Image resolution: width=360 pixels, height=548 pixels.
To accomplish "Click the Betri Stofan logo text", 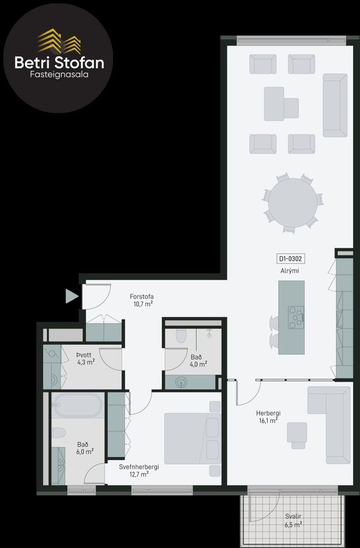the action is [59, 63].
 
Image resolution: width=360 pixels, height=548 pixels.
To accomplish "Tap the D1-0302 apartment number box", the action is [290, 259].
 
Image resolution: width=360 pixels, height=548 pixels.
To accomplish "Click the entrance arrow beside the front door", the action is [72, 296].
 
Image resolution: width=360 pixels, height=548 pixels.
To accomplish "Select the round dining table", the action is [292, 204].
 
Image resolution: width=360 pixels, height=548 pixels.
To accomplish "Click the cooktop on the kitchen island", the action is [296, 317].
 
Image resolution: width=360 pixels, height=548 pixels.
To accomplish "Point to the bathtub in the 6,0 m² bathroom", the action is [78, 405].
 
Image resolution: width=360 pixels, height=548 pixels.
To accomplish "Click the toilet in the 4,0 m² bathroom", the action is [181, 336].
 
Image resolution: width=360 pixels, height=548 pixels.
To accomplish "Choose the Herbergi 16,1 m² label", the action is [268, 417].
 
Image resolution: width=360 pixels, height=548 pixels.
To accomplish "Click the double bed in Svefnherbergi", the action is [193, 439].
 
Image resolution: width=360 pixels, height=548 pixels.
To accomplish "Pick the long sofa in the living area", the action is [335, 105].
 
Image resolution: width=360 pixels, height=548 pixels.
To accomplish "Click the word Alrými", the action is [290, 271].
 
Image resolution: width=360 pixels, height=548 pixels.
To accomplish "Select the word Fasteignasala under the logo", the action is [59, 75].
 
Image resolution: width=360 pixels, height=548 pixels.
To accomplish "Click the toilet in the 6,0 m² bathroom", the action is [59, 434].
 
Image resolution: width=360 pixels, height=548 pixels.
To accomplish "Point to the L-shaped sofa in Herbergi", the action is [328, 425].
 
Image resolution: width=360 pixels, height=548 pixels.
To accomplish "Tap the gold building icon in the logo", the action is [59, 41].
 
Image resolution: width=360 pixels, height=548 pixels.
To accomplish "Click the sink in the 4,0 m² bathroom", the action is [181, 382].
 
